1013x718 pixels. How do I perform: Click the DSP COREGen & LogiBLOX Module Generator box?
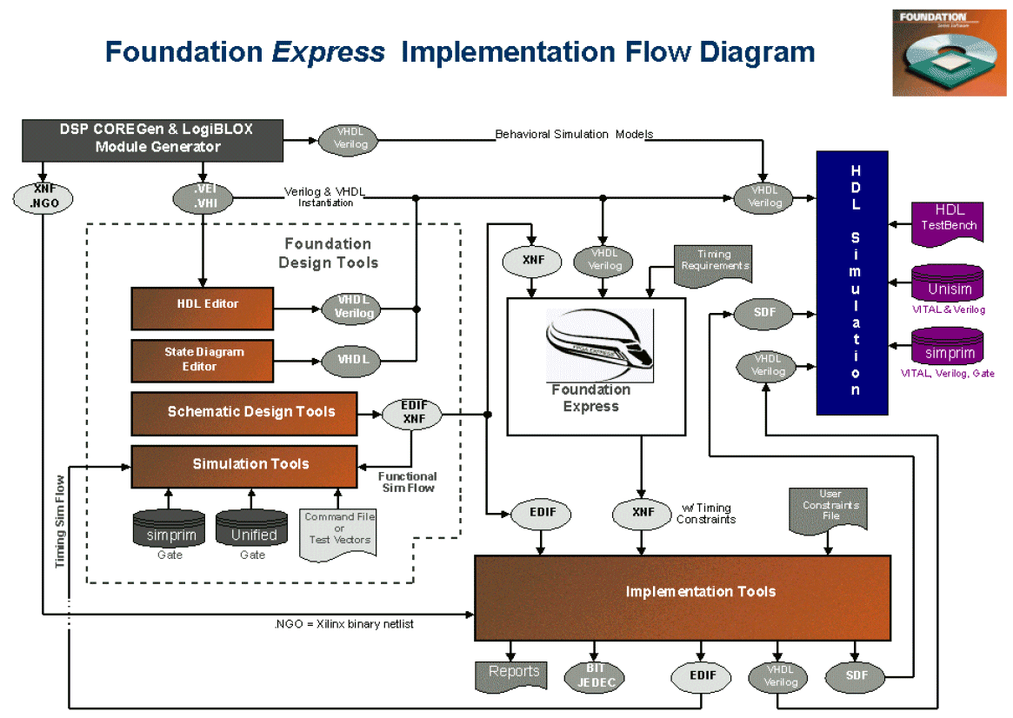[152, 139]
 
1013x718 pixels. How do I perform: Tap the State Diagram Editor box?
[202, 361]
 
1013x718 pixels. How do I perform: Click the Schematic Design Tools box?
[243, 413]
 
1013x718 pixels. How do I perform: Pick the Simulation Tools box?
[243, 466]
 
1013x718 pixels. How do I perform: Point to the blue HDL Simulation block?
[851, 283]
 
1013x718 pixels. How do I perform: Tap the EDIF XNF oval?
[412, 413]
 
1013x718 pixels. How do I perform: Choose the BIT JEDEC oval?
[595, 677]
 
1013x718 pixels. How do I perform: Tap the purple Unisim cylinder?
[948, 284]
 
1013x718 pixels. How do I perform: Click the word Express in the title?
[328, 52]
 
